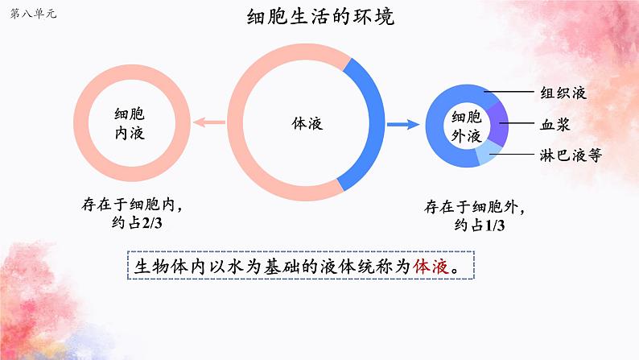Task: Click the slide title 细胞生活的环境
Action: (x=320, y=17)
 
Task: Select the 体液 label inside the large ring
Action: (x=307, y=124)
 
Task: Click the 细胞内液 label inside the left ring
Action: (x=130, y=124)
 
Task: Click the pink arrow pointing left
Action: (x=211, y=123)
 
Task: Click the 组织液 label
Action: (x=563, y=93)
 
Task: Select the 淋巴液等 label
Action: (x=570, y=155)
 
